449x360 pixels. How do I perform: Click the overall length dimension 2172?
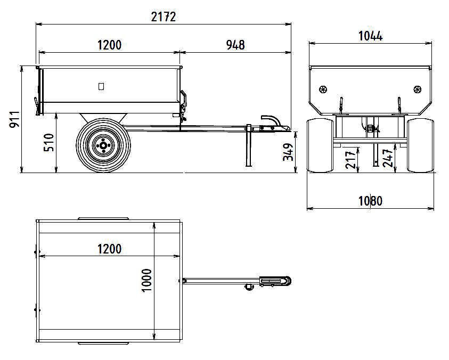point(163,17)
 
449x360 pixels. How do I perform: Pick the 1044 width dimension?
point(370,36)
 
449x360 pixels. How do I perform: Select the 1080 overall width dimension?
point(370,201)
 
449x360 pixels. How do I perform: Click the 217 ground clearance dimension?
point(351,158)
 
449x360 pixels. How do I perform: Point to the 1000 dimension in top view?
point(147,279)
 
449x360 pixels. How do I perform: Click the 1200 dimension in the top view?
point(109,249)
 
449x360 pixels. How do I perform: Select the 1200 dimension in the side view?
point(109,45)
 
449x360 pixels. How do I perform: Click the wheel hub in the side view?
point(102,144)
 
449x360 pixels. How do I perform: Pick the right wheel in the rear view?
point(420,145)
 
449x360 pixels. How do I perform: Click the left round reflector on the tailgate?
point(323,89)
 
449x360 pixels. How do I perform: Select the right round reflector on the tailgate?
point(418,89)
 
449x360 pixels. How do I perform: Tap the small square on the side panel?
point(101,86)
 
